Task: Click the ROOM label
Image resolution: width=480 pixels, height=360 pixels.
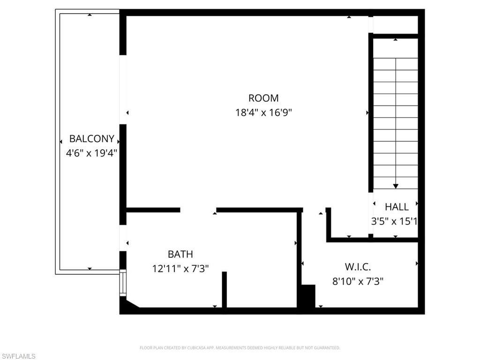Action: (x=263, y=98)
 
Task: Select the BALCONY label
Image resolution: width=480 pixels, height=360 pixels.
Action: (x=91, y=139)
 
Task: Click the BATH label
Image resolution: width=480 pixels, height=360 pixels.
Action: (x=180, y=255)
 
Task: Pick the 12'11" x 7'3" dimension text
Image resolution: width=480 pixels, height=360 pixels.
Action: (x=180, y=269)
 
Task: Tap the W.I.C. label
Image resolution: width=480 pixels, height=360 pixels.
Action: (x=358, y=267)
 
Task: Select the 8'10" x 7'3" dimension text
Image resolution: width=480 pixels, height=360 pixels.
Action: (x=358, y=282)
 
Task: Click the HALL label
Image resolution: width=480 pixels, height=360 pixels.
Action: (x=397, y=207)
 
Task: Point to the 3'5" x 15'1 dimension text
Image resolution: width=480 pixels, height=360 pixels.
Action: (x=394, y=221)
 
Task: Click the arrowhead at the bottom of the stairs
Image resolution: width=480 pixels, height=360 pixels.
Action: (x=396, y=186)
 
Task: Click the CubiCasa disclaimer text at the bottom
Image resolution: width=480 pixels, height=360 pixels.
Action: (x=240, y=348)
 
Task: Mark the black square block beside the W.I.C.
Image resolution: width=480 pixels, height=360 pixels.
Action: (x=308, y=296)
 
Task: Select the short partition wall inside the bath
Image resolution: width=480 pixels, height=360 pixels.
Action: (x=225, y=289)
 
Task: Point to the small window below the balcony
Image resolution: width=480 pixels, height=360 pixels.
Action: (x=123, y=283)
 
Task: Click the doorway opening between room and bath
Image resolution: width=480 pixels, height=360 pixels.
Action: (x=198, y=210)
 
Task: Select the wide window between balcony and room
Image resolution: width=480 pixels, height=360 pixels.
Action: (x=123, y=89)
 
